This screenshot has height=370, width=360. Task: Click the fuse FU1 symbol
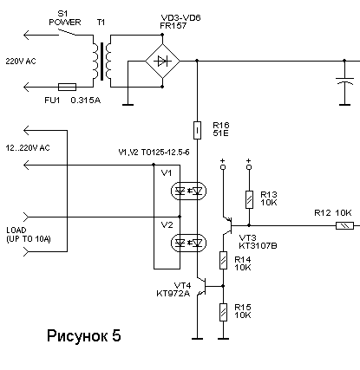click(67, 87)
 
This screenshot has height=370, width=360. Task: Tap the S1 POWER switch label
click(65, 18)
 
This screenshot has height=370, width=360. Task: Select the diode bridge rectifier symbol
click(162, 61)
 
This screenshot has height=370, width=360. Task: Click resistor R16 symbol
click(197, 130)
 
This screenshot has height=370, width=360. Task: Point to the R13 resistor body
click(249, 199)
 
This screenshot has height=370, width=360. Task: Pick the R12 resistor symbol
click(344, 225)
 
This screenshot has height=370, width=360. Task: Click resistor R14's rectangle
click(223, 260)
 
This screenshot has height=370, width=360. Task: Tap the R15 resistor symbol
click(223, 312)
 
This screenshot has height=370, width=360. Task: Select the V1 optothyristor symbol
click(188, 191)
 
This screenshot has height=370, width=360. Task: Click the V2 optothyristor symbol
click(188, 243)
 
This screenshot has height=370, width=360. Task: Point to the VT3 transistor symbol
click(228, 225)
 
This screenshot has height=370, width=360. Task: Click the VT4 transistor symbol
click(202, 286)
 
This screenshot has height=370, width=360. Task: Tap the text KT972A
click(173, 294)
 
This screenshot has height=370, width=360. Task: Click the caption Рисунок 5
click(84, 335)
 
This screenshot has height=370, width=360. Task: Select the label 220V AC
click(21, 62)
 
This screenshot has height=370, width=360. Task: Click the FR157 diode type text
click(173, 26)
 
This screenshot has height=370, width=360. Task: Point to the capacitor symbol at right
click(344, 81)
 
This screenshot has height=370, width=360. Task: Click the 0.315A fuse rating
click(86, 101)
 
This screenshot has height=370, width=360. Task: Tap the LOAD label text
click(16, 230)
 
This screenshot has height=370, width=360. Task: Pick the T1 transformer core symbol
click(101, 62)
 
